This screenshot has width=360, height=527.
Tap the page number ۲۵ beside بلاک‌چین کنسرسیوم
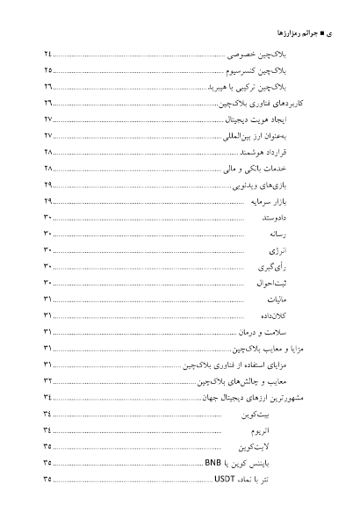47,70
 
